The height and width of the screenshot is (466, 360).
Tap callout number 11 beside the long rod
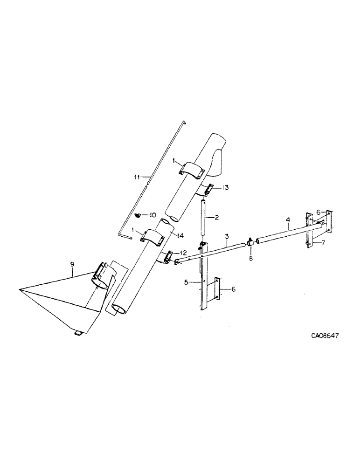(136, 177)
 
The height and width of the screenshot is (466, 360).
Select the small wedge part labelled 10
(138, 215)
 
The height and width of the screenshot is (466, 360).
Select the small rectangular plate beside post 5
(217, 290)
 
